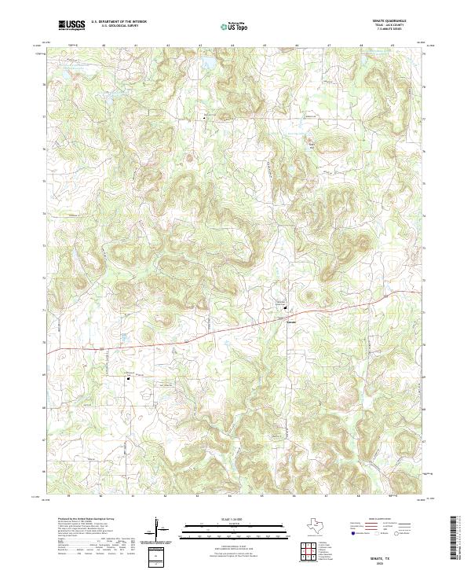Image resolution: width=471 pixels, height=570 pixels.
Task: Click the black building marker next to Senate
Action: [285, 307]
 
